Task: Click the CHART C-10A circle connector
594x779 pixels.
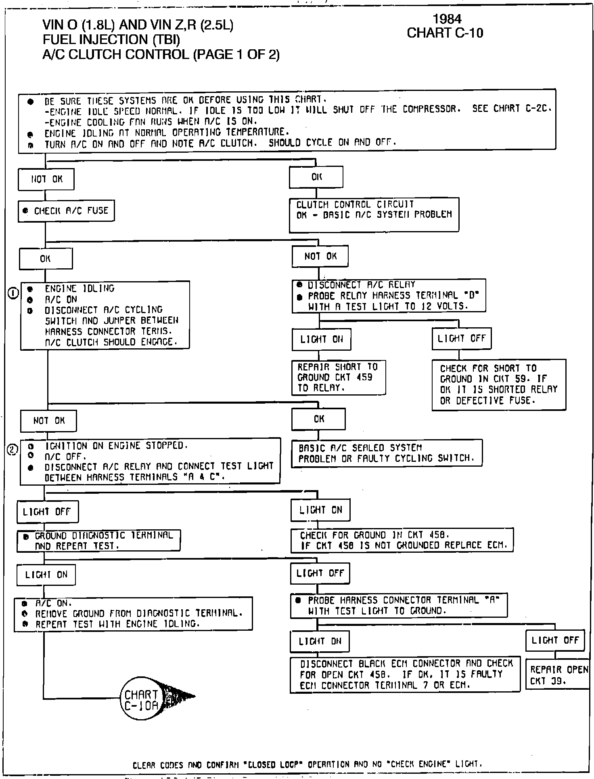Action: tap(141, 698)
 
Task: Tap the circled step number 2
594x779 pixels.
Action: tap(13, 449)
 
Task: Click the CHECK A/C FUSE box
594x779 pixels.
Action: tap(66, 211)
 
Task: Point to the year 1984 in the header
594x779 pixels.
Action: tap(447, 19)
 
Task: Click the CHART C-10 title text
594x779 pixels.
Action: tap(445, 33)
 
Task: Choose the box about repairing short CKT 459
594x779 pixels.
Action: tap(339, 377)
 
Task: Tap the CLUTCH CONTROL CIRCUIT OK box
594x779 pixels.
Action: tap(374, 215)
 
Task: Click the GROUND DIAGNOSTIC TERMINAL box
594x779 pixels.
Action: tap(98, 541)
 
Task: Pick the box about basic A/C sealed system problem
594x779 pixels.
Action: tap(387, 453)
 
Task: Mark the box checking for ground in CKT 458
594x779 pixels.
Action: tap(402, 540)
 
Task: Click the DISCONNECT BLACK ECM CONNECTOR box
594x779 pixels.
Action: tap(405, 674)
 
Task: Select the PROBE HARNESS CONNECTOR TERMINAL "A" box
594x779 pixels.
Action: tap(399, 605)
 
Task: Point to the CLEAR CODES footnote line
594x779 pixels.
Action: tap(307, 764)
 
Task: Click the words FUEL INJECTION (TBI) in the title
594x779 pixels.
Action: tap(111, 40)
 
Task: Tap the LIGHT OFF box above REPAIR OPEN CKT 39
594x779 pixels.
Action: tap(555, 640)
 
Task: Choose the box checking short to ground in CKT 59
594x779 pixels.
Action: tap(499, 385)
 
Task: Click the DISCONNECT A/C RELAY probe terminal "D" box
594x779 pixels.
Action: tap(389, 295)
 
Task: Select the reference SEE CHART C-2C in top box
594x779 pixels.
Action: tap(512, 109)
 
